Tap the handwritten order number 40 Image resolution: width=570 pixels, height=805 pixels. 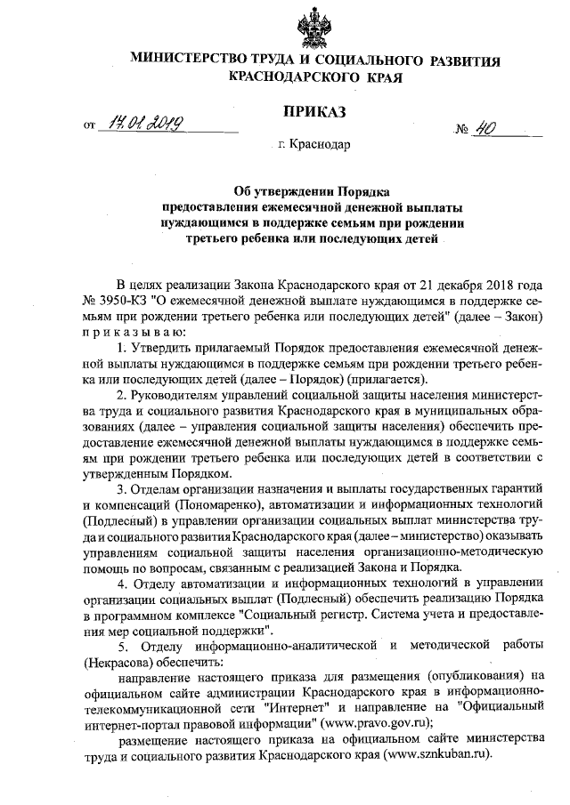(x=485, y=126)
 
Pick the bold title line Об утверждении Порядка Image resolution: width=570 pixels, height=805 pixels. (x=313, y=190)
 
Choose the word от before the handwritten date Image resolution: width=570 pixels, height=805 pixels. (x=89, y=127)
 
